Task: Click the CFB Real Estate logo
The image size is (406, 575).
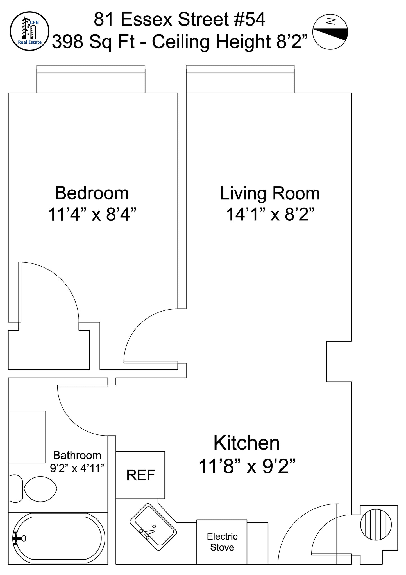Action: [x=30, y=31]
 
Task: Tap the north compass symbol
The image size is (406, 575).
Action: [x=330, y=32]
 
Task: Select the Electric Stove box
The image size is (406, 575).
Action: [x=222, y=542]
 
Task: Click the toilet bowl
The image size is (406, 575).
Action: [x=40, y=489]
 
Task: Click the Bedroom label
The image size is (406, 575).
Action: [x=92, y=193]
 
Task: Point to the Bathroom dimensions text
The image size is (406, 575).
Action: [x=77, y=468]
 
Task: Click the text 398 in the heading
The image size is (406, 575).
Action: [x=67, y=42]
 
